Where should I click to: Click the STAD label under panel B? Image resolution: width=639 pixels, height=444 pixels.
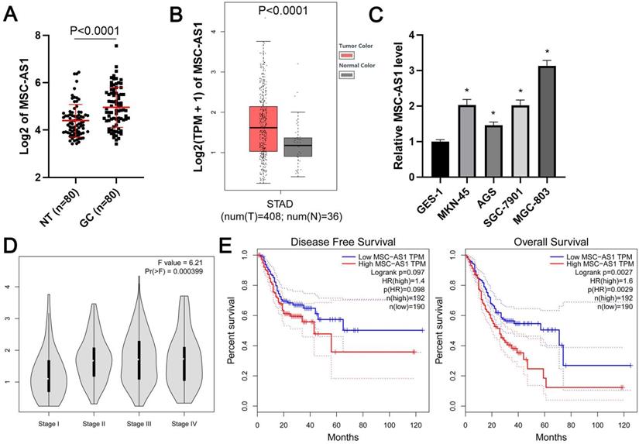pos(290,205)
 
